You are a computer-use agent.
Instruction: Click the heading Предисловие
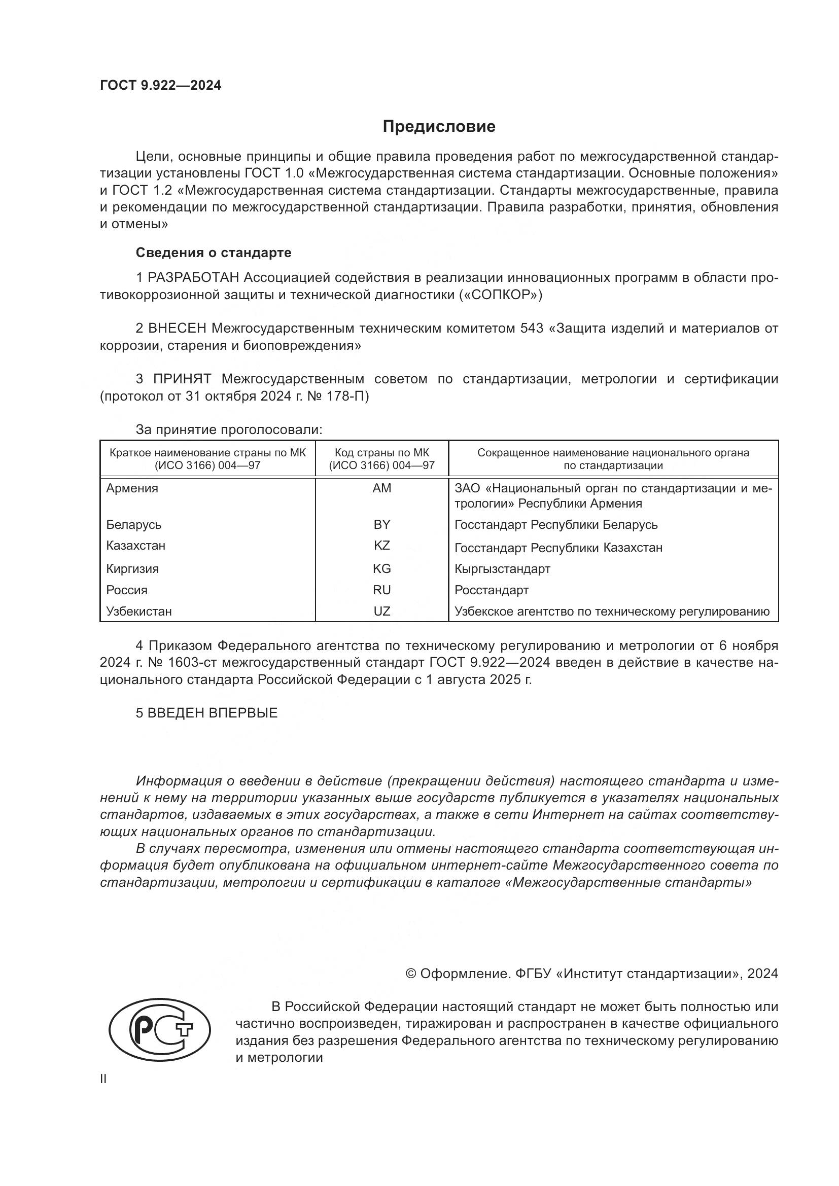(x=439, y=127)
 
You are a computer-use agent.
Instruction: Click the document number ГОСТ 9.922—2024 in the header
(x=160, y=85)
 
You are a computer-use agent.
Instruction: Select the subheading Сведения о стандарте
(x=214, y=253)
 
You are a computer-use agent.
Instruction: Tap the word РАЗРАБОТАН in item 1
(x=193, y=278)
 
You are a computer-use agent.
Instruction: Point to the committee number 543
(x=532, y=329)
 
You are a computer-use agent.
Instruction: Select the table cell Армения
(x=132, y=488)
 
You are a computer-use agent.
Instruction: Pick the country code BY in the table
(x=382, y=525)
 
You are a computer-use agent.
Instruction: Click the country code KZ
(x=382, y=546)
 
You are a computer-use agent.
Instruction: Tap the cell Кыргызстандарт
(x=502, y=569)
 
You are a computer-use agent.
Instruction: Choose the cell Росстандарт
(x=492, y=590)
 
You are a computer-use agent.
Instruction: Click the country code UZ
(x=382, y=612)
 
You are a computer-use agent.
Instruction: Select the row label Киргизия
(x=132, y=569)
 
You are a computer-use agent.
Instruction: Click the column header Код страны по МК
(x=382, y=453)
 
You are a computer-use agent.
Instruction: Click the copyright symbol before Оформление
(x=411, y=974)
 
